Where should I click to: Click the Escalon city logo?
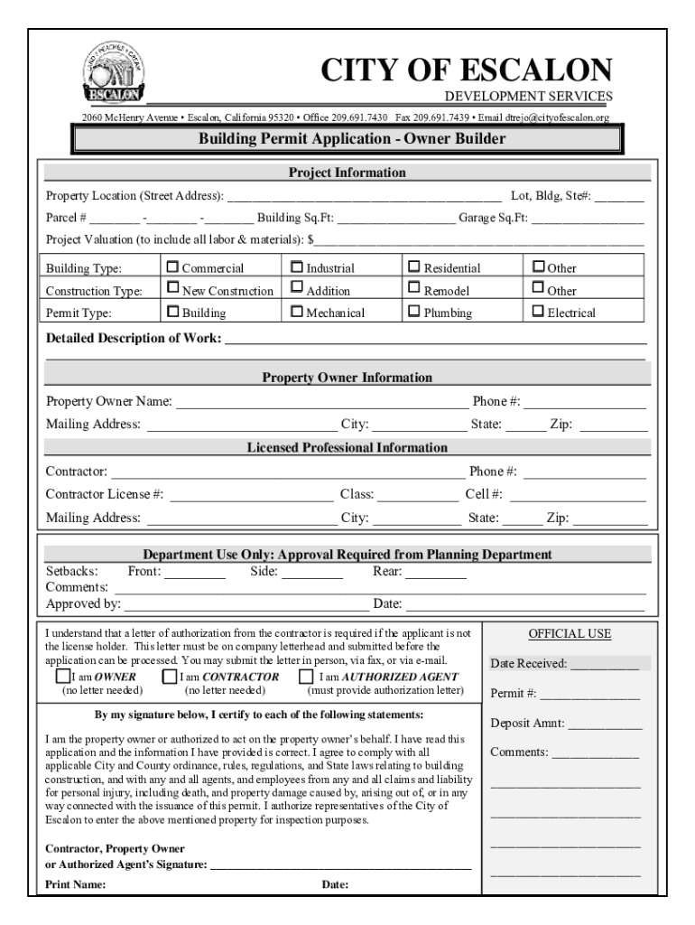[x=111, y=74]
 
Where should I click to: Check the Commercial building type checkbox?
[x=173, y=267]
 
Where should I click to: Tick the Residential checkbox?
[x=415, y=267]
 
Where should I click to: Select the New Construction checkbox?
[x=173, y=289]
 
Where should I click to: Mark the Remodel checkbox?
[x=415, y=289]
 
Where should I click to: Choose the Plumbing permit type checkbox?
[x=415, y=312]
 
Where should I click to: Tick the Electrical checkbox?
[x=539, y=312]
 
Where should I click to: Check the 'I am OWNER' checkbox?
[x=62, y=676]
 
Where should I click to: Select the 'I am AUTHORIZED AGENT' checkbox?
[x=308, y=676]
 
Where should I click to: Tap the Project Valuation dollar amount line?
[x=479, y=242]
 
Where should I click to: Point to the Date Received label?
[x=528, y=664]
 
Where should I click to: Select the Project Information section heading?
[x=347, y=173]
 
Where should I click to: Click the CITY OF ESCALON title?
[x=468, y=70]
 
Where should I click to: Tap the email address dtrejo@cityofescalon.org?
[x=557, y=117]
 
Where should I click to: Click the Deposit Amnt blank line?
[x=605, y=724]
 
